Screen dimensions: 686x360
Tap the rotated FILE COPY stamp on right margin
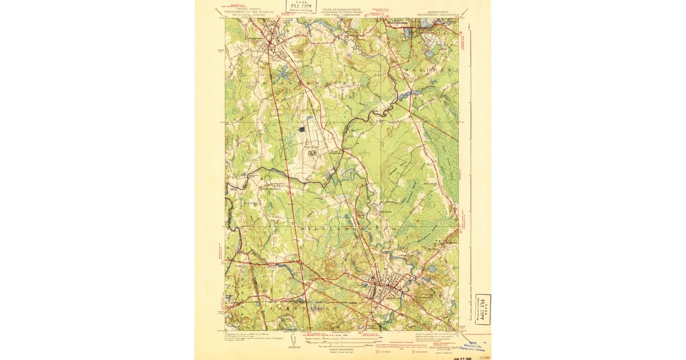tap(483, 309)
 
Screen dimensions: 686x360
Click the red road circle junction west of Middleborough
tap(299, 262)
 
